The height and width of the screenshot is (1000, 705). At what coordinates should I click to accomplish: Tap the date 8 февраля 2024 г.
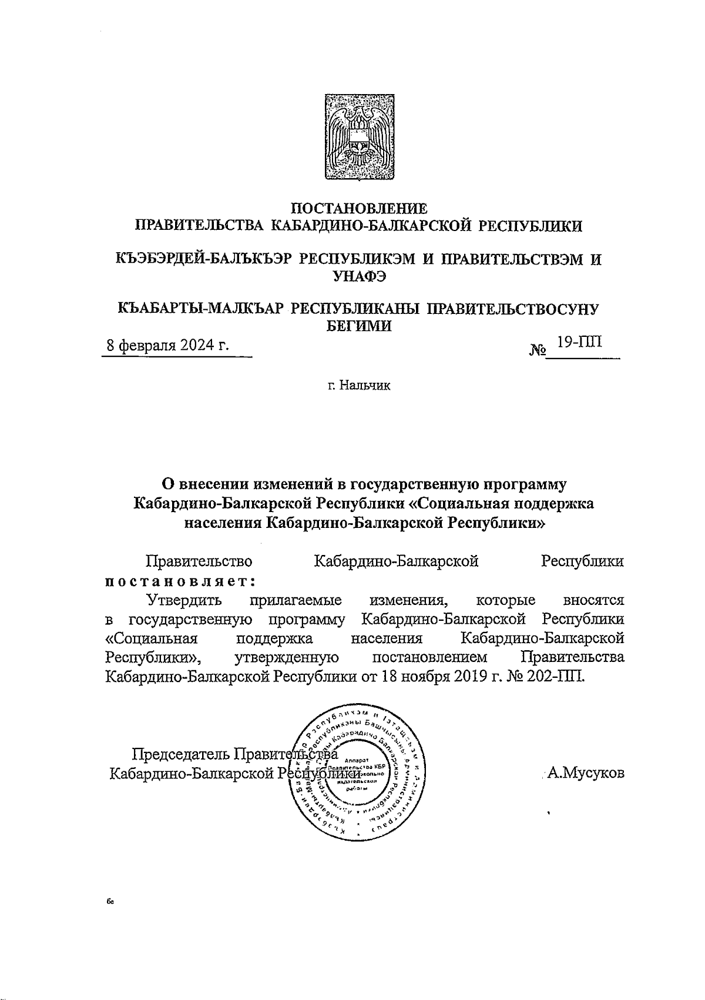166,346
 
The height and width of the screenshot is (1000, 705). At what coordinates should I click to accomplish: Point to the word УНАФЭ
359,277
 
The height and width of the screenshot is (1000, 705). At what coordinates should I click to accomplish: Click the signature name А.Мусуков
585,774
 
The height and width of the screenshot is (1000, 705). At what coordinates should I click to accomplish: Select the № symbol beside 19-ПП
538,350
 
